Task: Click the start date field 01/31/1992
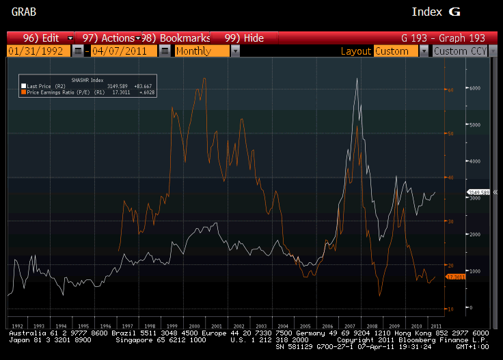coord(38,51)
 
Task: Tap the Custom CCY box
coord(461,51)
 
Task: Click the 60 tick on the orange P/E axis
coord(450,89)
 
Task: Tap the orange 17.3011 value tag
coord(454,277)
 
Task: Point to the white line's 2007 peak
coord(357,79)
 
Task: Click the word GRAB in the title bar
coord(25,12)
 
